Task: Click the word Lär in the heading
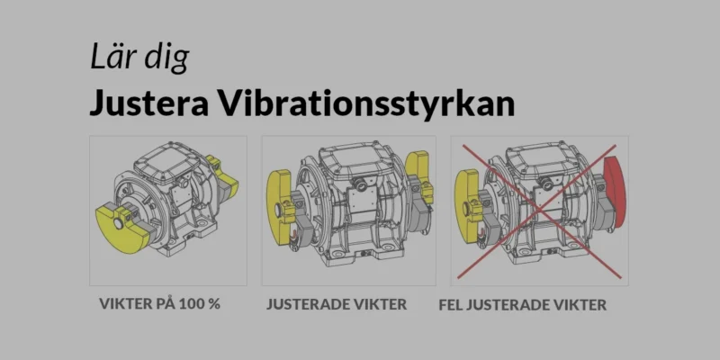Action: point(112,58)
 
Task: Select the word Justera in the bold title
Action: point(143,103)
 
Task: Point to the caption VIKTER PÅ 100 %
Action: point(159,303)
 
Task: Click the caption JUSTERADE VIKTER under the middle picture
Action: point(337,304)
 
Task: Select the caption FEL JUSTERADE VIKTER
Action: point(522,305)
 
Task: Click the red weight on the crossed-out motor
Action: point(614,193)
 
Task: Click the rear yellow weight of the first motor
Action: point(225,174)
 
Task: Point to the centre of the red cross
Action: point(537,209)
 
